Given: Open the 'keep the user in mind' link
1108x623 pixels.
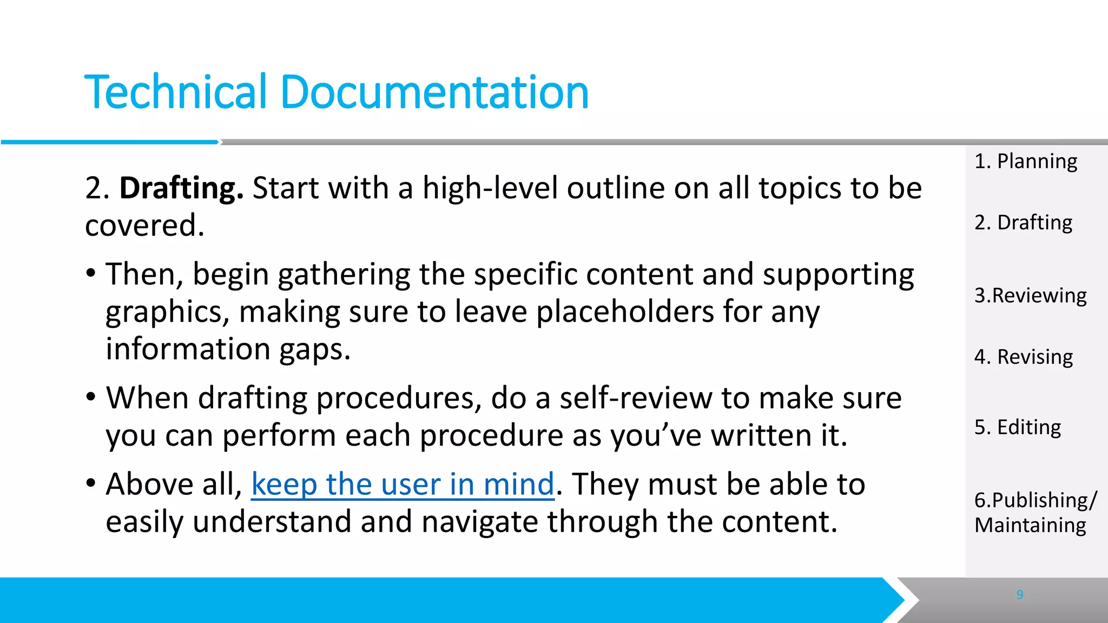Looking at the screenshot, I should click(403, 484).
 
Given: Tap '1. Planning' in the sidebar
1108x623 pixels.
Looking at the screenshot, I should click(1025, 161).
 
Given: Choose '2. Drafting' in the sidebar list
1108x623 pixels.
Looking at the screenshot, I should click(1023, 222).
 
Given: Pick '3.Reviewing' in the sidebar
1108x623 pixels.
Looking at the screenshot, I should click(1030, 295).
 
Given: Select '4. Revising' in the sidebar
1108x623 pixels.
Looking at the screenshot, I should click(1023, 357).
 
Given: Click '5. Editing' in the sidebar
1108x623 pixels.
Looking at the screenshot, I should click(1017, 427).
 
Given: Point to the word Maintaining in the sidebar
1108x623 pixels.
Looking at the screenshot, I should click(1030, 525).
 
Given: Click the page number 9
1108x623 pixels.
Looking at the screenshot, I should click(1019, 594).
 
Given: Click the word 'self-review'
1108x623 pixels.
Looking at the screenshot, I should click(636, 399).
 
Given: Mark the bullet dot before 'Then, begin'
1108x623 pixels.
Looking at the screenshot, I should click(91, 272).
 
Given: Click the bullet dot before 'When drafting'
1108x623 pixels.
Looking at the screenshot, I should click(91, 396).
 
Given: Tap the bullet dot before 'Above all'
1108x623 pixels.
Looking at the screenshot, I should click(91, 482).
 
